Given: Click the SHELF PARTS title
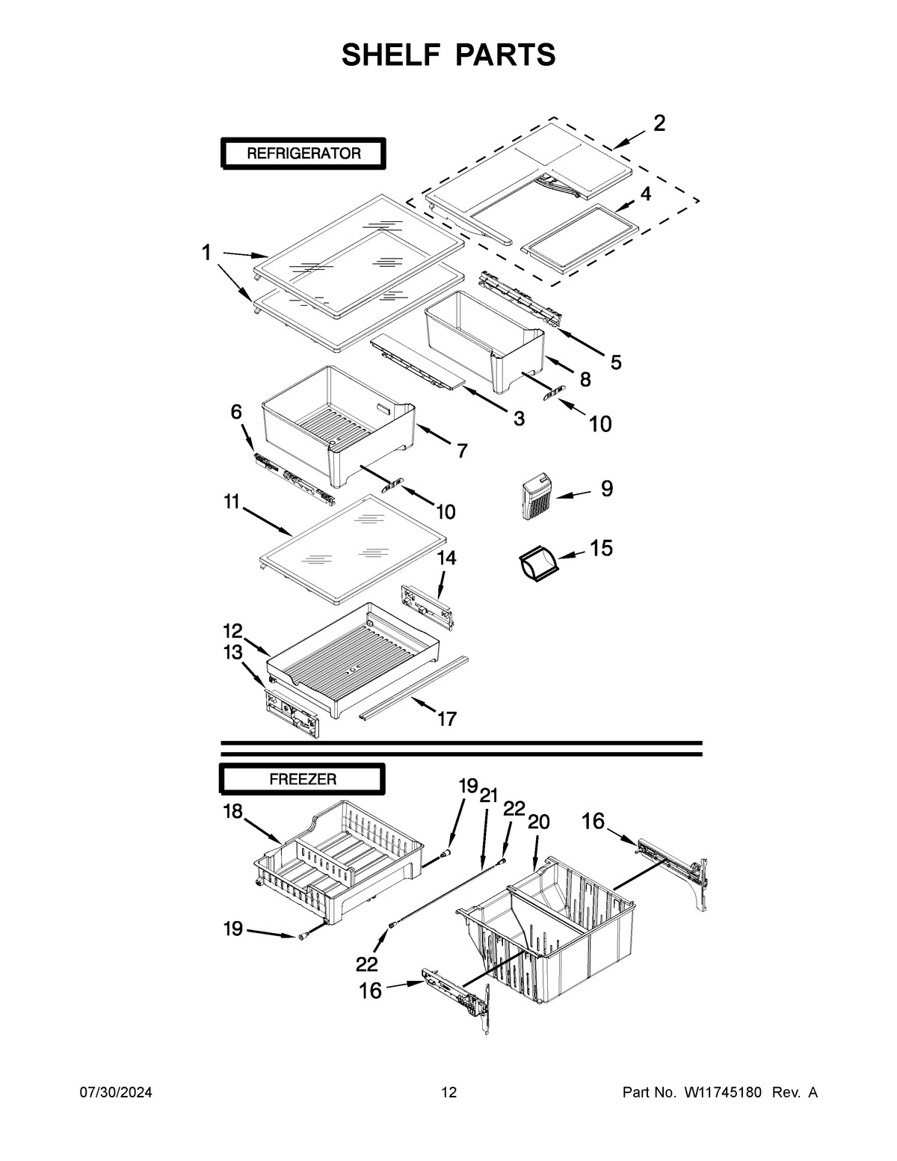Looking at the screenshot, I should (x=449, y=55).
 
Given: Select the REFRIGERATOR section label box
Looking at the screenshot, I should (x=303, y=154).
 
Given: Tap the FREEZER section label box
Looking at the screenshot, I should (x=302, y=779).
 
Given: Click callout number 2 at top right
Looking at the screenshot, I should (x=659, y=123).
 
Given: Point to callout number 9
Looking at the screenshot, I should (x=606, y=489).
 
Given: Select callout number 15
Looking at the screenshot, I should (x=601, y=548).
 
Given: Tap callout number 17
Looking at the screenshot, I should (x=446, y=719).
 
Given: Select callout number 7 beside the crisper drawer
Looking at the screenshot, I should (x=462, y=451).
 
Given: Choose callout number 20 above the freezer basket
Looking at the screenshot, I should (x=538, y=822).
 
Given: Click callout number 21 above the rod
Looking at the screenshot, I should (x=488, y=795).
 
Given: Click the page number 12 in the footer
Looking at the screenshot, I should (x=449, y=1093).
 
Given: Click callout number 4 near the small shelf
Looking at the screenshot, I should (x=644, y=194).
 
